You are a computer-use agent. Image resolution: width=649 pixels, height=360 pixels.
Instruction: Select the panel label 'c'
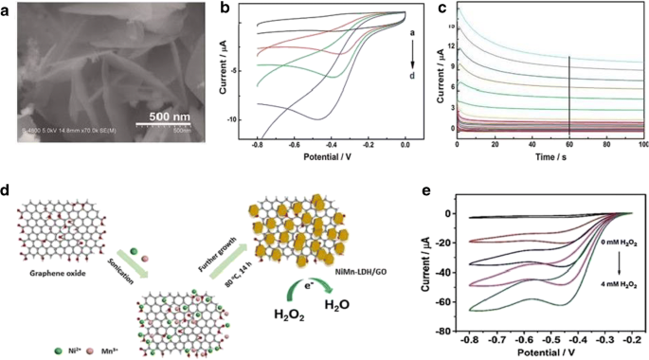click(444, 9)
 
